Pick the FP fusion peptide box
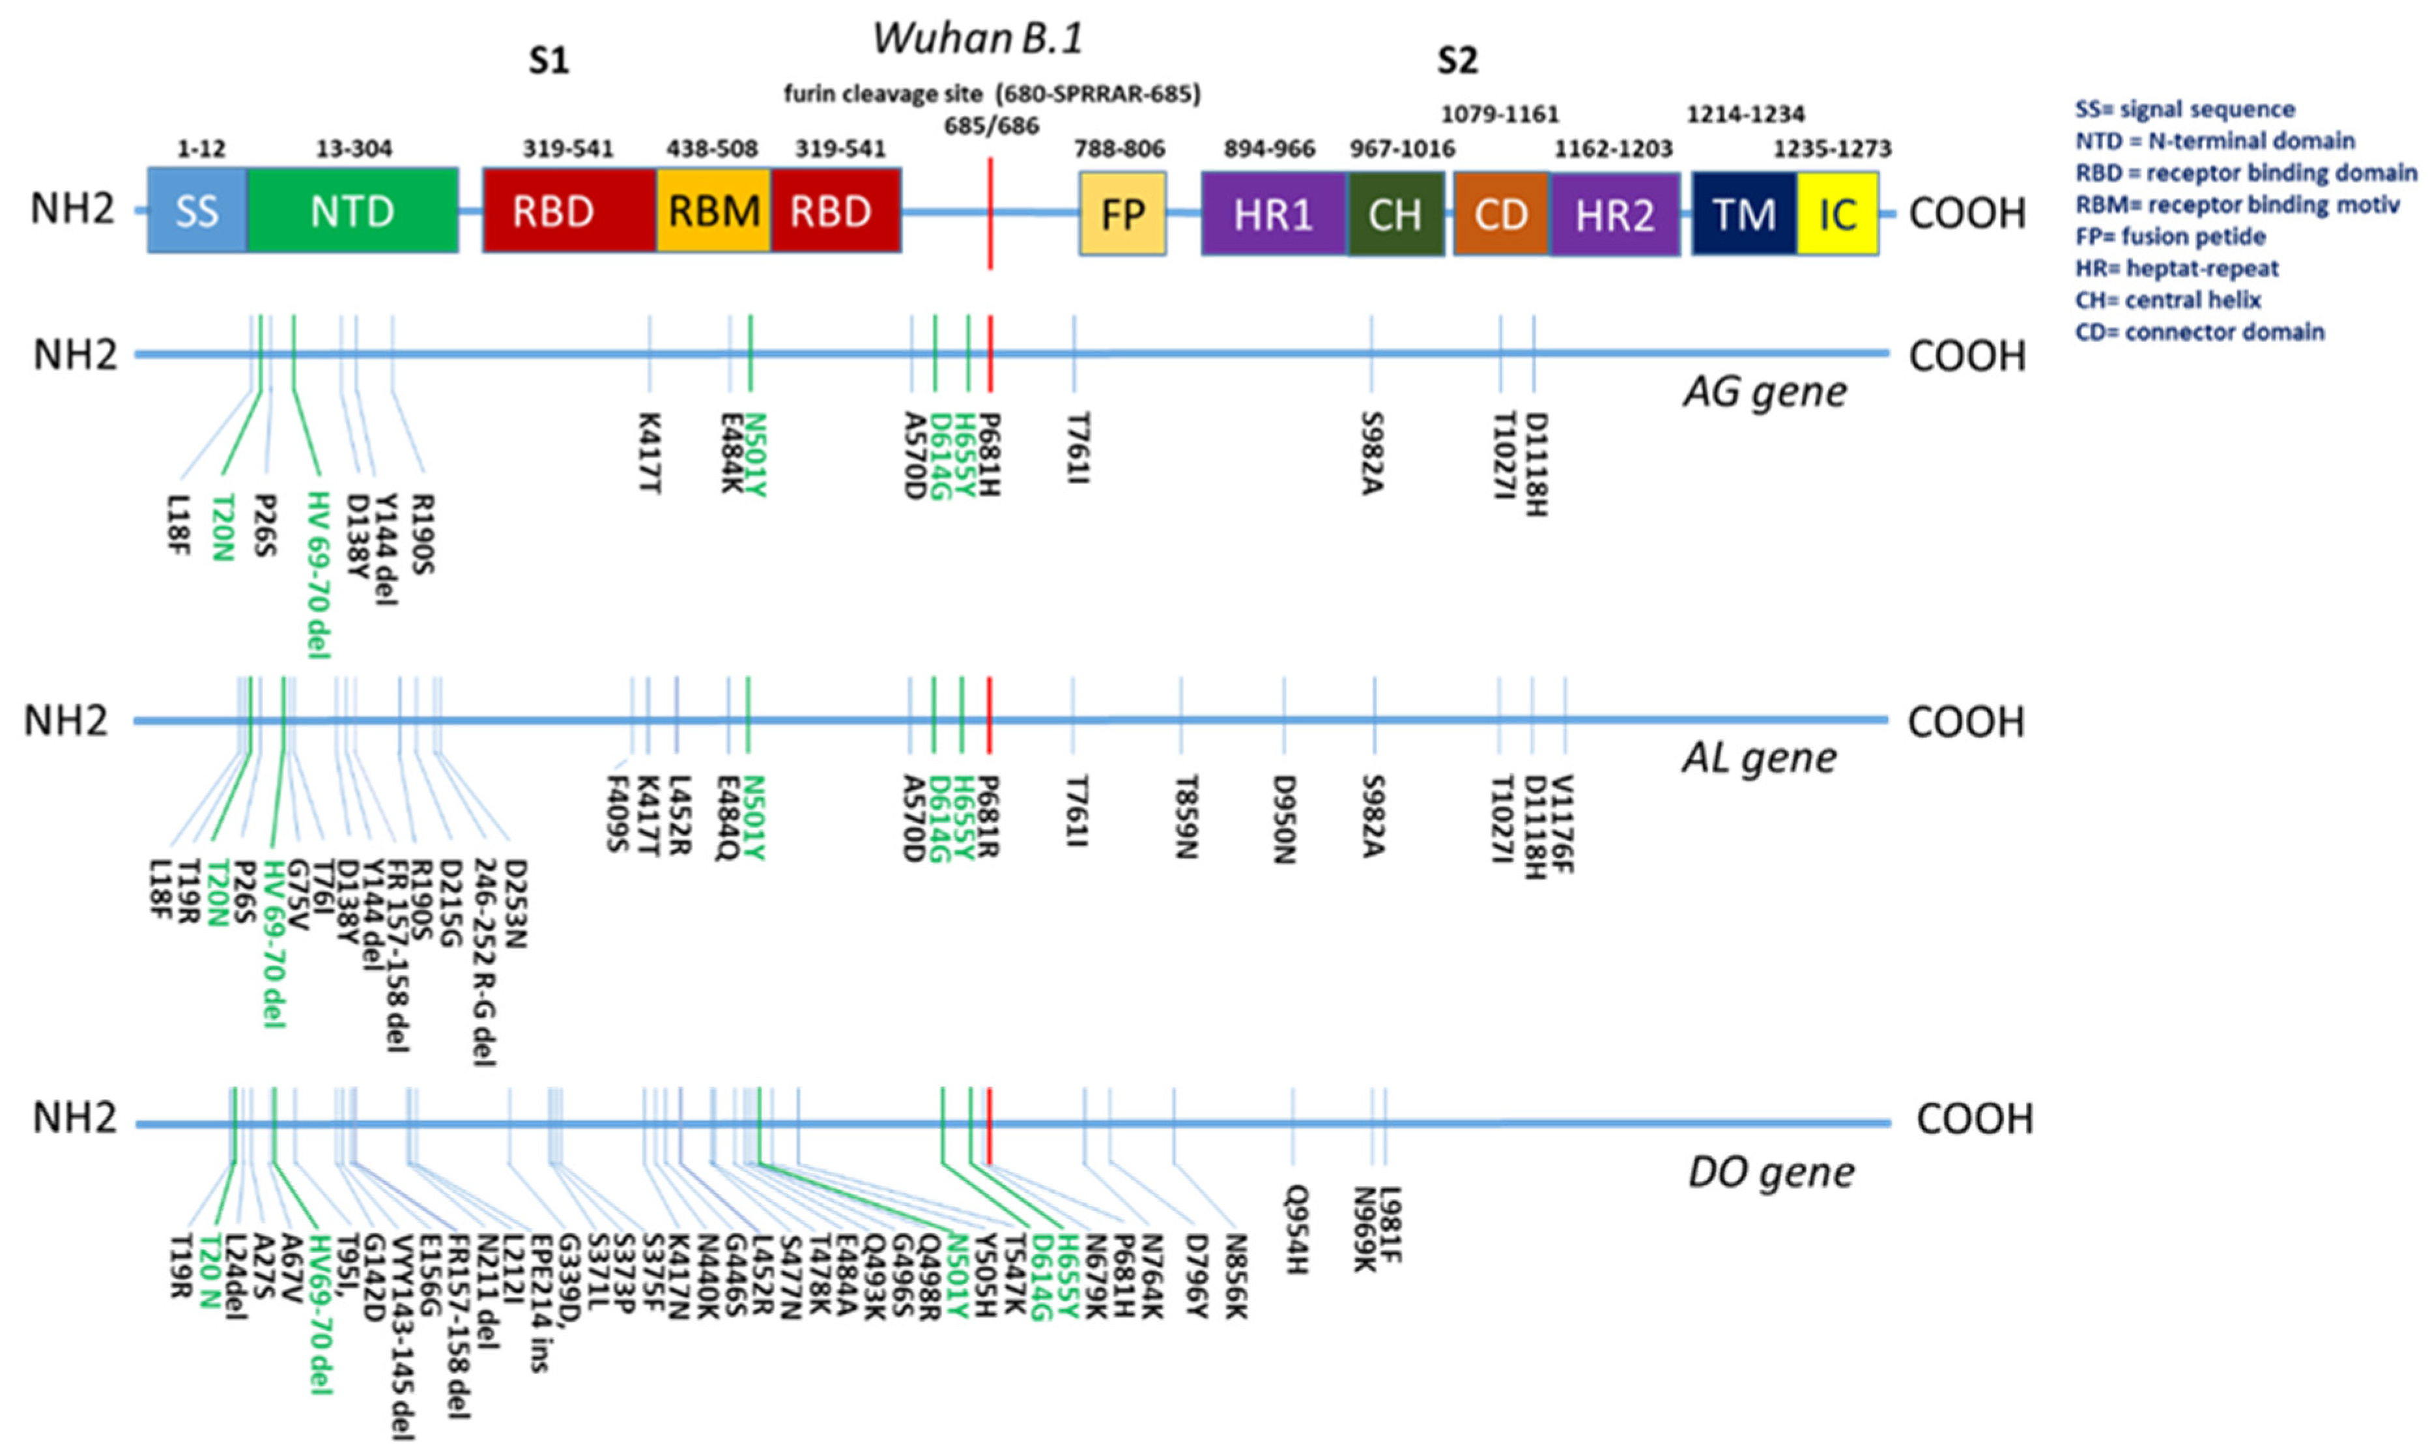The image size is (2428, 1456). point(1122,214)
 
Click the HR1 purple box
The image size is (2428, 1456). point(1274,214)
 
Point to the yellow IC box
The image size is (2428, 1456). point(1837,214)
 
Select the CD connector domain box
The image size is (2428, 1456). point(1501,214)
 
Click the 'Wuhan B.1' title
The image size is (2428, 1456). point(978,39)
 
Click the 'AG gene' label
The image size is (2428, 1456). point(1765,392)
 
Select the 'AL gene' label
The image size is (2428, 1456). point(1759,756)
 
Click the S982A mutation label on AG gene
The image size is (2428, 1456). point(1371,454)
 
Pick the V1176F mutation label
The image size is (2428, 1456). point(1564,824)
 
